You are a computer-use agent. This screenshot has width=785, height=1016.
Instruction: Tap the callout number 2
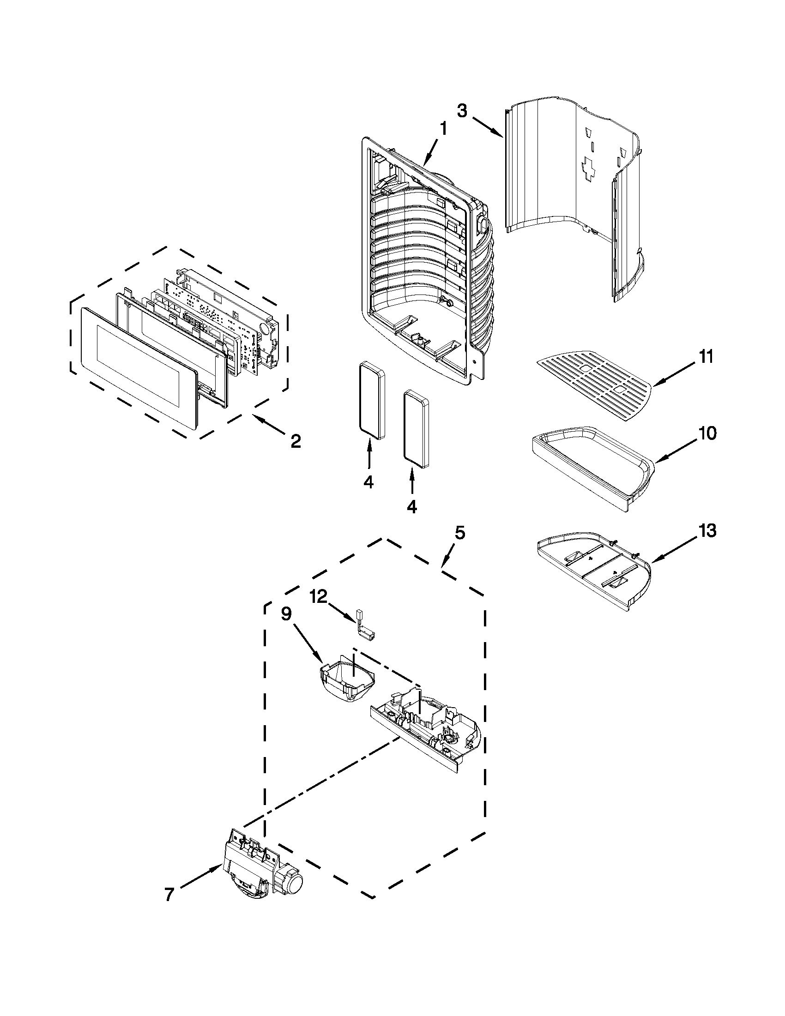click(x=296, y=440)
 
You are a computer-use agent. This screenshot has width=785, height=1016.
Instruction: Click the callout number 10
click(x=707, y=433)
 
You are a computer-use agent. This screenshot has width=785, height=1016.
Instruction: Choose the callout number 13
click(x=707, y=530)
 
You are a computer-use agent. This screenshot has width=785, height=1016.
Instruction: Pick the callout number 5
click(x=459, y=533)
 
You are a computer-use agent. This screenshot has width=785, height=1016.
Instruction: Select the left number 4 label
click(x=368, y=482)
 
